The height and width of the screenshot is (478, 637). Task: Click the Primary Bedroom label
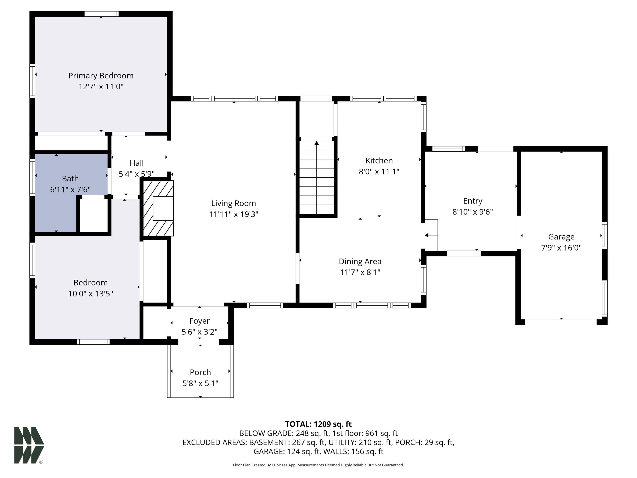(101, 76)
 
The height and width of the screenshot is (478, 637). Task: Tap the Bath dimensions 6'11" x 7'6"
(70, 190)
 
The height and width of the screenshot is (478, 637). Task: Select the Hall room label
(136, 163)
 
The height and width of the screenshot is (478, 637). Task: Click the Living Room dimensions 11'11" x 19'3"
(233, 214)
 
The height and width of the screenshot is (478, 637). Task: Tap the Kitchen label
(379, 161)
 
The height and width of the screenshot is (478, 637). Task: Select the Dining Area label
(360, 261)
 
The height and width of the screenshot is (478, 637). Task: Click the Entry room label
(473, 201)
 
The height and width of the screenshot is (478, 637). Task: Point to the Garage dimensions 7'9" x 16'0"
(561, 248)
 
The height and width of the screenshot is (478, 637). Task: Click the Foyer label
(199, 321)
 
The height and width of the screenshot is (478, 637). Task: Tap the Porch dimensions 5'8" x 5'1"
(201, 383)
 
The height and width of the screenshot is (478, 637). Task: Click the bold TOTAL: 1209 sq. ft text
(318, 424)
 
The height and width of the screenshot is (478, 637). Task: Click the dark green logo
(29, 445)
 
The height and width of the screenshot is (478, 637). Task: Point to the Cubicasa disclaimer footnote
(318, 465)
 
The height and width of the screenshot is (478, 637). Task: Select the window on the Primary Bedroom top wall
(101, 14)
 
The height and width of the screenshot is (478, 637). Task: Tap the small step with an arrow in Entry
(431, 235)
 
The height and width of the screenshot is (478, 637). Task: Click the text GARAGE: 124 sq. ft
(287, 451)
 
